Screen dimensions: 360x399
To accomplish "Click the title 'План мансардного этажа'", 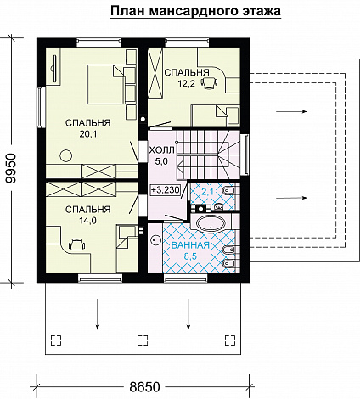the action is [195, 11].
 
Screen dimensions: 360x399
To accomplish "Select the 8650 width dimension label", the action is [144, 386].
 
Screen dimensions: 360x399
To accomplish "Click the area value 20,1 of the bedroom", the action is [88, 134].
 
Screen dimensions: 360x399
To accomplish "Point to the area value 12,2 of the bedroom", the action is [186, 83].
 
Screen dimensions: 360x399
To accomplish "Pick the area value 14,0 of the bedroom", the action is [87, 221].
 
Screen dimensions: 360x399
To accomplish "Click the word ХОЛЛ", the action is [162, 150].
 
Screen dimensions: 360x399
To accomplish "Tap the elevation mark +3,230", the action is [166, 189].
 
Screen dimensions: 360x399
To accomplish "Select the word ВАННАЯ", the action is [190, 245].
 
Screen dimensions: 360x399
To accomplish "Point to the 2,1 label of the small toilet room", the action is [208, 193].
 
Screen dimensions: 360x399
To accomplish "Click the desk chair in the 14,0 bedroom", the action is [76, 244].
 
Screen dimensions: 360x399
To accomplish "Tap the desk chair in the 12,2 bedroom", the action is [209, 83].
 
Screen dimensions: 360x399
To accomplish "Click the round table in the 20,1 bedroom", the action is [66, 155].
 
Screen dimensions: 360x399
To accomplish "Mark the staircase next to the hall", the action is [208, 155].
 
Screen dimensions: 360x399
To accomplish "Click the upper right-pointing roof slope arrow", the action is [291, 111].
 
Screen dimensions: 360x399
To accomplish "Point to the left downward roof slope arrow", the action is [98, 314].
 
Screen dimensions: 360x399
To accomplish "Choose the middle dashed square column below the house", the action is [143, 340].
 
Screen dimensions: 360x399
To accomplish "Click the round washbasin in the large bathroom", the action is [155, 240].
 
